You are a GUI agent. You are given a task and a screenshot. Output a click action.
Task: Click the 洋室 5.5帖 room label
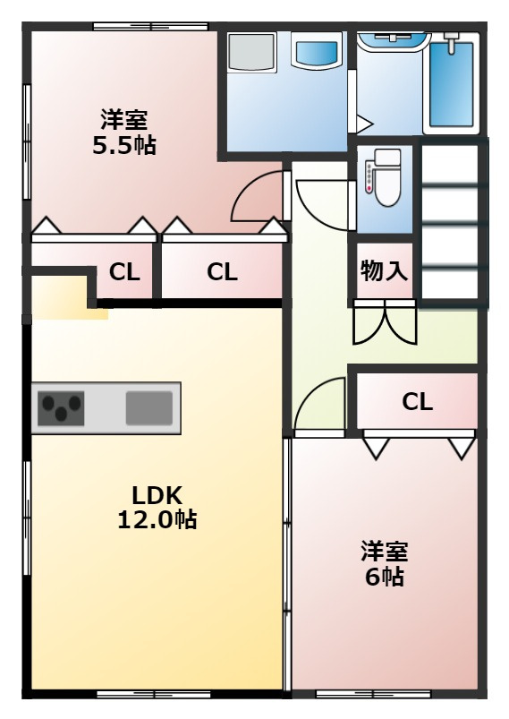(123, 132)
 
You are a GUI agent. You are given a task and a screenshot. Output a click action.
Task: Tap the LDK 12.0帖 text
(157, 507)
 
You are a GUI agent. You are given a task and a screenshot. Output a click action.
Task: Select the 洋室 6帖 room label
(384, 563)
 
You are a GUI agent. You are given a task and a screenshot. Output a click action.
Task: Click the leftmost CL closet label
(124, 272)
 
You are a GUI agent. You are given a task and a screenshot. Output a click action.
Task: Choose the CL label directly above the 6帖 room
(417, 402)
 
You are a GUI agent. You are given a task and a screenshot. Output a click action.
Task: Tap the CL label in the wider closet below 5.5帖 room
(222, 272)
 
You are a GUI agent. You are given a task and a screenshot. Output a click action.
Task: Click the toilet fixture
(384, 177)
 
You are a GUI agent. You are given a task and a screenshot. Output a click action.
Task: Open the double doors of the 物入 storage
(384, 322)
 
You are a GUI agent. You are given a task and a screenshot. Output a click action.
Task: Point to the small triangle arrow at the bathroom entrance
(363, 123)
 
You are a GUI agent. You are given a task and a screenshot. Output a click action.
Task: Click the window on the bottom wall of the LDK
(151, 694)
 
